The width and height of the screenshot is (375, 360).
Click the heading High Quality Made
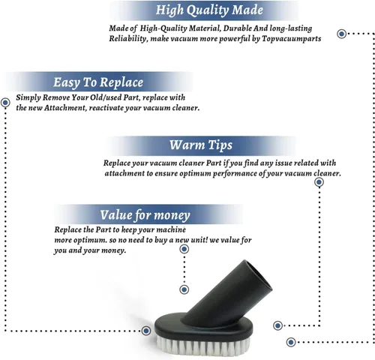click(x=209, y=10)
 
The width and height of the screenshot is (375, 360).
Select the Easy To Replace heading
click(x=98, y=82)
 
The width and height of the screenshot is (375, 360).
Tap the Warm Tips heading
click(x=201, y=145)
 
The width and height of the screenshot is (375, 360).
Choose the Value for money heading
click(x=145, y=215)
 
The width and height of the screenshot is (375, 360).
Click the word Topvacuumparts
click(x=292, y=39)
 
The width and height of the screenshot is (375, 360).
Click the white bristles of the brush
click(x=203, y=344)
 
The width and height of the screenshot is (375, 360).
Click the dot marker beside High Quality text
click(x=342, y=34)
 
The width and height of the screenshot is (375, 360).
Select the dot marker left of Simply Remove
click(x=5, y=103)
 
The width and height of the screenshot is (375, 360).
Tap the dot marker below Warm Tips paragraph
click(x=319, y=182)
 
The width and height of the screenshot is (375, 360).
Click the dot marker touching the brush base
click(x=146, y=331)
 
